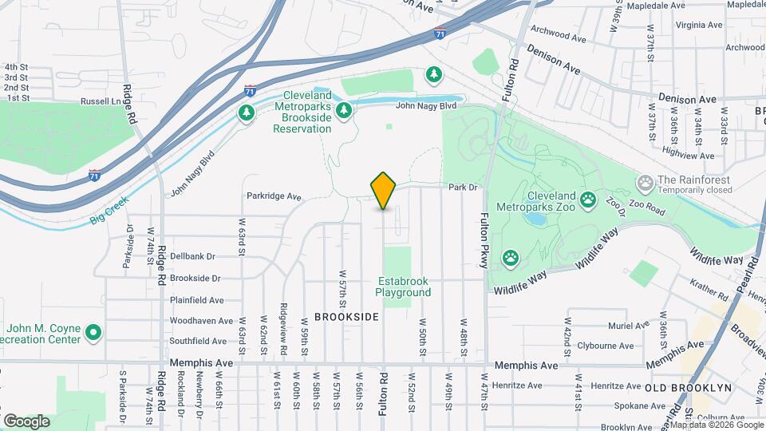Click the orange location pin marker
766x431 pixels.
[384, 191]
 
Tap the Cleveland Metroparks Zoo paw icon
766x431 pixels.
[590, 199]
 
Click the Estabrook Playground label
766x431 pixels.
[404, 287]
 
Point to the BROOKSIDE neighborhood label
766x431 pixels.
[346, 317]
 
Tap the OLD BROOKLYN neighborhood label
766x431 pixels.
[688, 388]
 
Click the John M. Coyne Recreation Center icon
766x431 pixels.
[93, 331]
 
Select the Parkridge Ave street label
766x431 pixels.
[274, 196]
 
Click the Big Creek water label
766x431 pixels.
[109, 212]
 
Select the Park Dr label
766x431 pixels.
[462, 188]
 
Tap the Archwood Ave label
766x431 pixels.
[559, 36]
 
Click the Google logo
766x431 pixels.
[26, 421]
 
